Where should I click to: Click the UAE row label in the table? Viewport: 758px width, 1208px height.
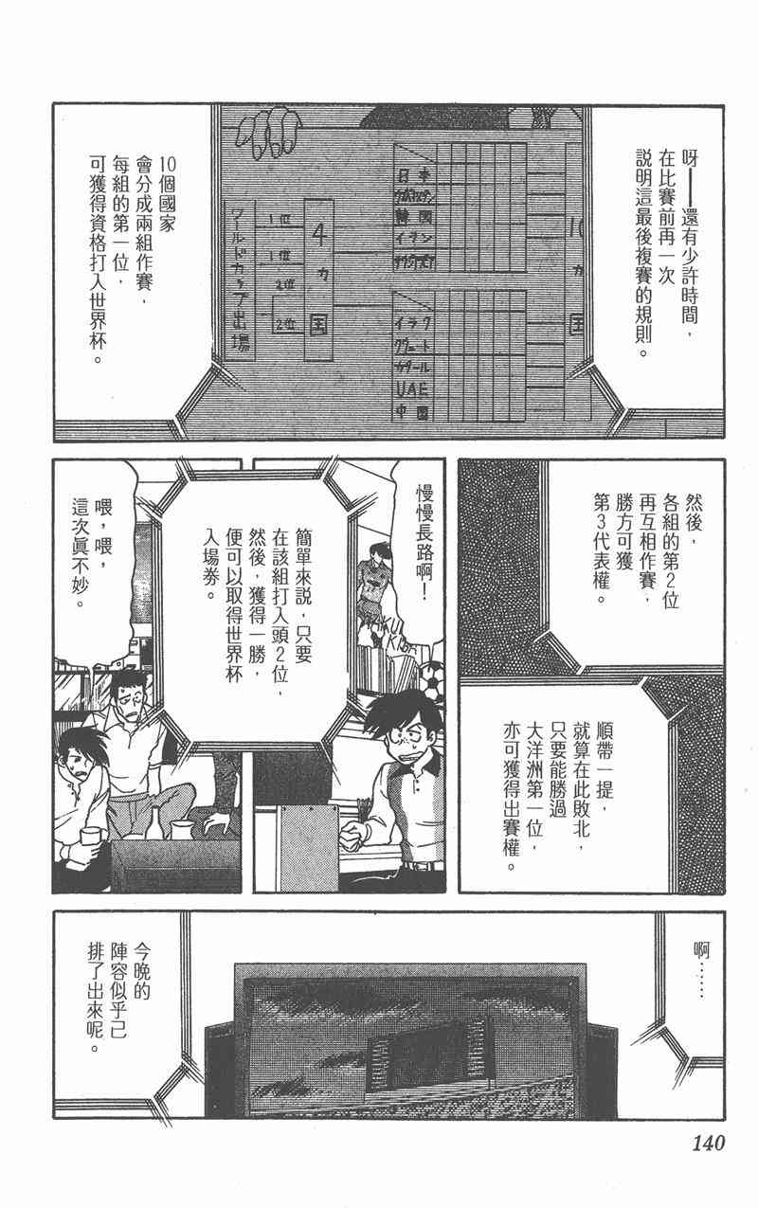[x=410, y=388]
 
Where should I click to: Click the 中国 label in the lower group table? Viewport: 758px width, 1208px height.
[x=410, y=413]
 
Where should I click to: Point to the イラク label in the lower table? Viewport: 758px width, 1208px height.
[x=410, y=323]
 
